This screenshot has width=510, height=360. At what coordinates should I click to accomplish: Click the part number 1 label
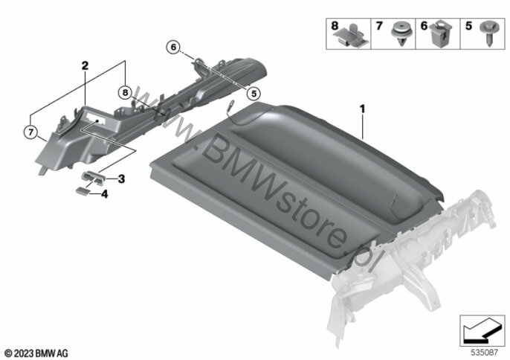point(363,109)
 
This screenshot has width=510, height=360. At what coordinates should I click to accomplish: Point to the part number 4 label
point(105,194)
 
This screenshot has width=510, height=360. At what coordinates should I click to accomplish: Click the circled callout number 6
point(173,47)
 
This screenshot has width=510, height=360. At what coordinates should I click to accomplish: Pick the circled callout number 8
point(124,93)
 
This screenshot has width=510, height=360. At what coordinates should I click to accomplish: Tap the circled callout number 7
point(30,132)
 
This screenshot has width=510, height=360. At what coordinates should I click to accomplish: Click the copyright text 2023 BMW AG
point(36,351)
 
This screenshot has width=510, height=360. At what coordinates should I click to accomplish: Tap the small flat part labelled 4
point(80,191)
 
